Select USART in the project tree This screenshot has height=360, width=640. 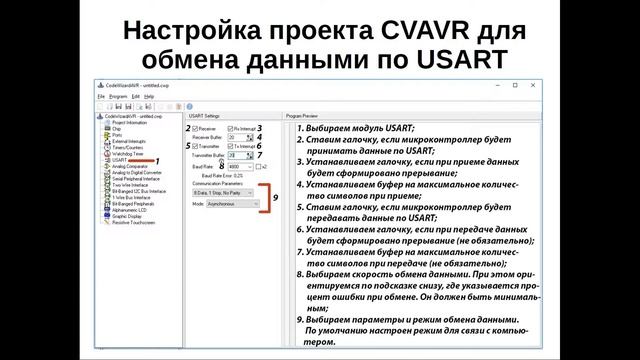(x=120, y=160)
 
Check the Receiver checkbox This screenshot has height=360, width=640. (x=194, y=129)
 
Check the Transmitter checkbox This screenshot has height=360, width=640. (x=194, y=147)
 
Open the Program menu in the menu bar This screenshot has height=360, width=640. (x=119, y=96)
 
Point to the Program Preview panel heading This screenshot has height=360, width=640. (x=303, y=116)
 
